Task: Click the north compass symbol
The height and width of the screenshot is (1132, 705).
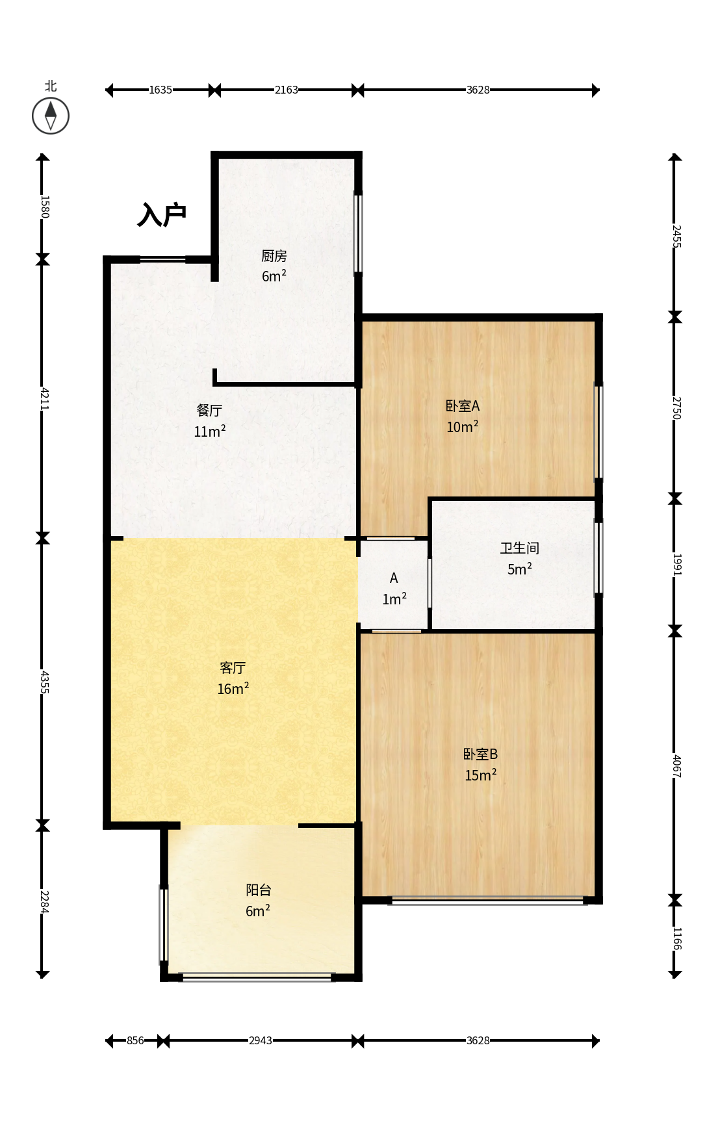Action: (x=51, y=116)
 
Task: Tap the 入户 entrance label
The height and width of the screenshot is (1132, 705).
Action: (x=162, y=214)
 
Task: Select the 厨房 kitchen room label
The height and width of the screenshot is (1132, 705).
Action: (x=274, y=256)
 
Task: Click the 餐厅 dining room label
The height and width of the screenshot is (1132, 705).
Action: (x=209, y=410)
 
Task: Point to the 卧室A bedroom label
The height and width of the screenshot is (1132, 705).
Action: (x=463, y=406)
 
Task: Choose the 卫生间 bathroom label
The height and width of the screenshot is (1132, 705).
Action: (x=520, y=548)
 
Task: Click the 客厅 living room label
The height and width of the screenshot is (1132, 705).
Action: (x=233, y=667)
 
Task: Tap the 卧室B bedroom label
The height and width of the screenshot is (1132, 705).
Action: (x=480, y=754)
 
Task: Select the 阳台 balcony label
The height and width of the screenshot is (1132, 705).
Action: (x=258, y=890)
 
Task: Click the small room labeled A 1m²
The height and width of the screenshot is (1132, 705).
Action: (x=394, y=589)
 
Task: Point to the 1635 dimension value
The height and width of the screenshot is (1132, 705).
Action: (x=160, y=90)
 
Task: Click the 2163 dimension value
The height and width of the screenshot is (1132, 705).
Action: (x=286, y=90)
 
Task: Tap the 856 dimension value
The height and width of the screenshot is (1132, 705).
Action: (x=135, y=1040)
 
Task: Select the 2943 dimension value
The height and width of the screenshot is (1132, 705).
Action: (x=261, y=1040)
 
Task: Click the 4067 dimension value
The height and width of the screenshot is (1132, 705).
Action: (x=676, y=765)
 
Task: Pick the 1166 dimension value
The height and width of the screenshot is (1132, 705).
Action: (x=676, y=938)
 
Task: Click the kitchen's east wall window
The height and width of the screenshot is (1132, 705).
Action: (x=358, y=233)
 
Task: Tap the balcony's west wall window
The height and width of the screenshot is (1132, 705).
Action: (x=164, y=923)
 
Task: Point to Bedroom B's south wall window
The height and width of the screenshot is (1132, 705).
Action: (x=487, y=900)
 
